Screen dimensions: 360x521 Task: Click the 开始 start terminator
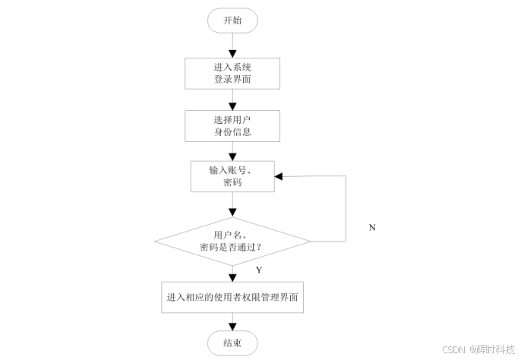click(x=232, y=21)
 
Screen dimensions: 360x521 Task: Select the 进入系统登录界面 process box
click(x=232, y=72)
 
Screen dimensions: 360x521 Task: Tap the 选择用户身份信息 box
click(x=232, y=126)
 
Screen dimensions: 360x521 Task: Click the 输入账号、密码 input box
click(x=232, y=176)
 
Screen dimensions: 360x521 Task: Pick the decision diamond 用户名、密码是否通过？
click(x=232, y=241)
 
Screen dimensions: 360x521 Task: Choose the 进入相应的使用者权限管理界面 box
click(x=235, y=298)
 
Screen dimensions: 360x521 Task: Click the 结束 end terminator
click(x=232, y=343)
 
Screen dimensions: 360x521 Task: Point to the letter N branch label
click(x=372, y=227)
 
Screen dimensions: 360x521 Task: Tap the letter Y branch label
click(x=258, y=270)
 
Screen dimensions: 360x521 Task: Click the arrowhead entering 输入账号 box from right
click(x=279, y=176)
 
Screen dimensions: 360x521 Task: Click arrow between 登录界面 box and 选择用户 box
click(x=232, y=99)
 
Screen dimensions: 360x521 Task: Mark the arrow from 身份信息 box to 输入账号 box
click(x=232, y=150)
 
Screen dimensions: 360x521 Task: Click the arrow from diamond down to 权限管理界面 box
click(x=232, y=272)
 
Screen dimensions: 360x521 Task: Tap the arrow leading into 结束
click(x=232, y=322)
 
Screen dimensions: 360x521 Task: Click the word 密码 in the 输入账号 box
click(x=232, y=183)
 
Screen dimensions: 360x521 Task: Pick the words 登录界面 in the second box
click(x=232, y=78)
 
